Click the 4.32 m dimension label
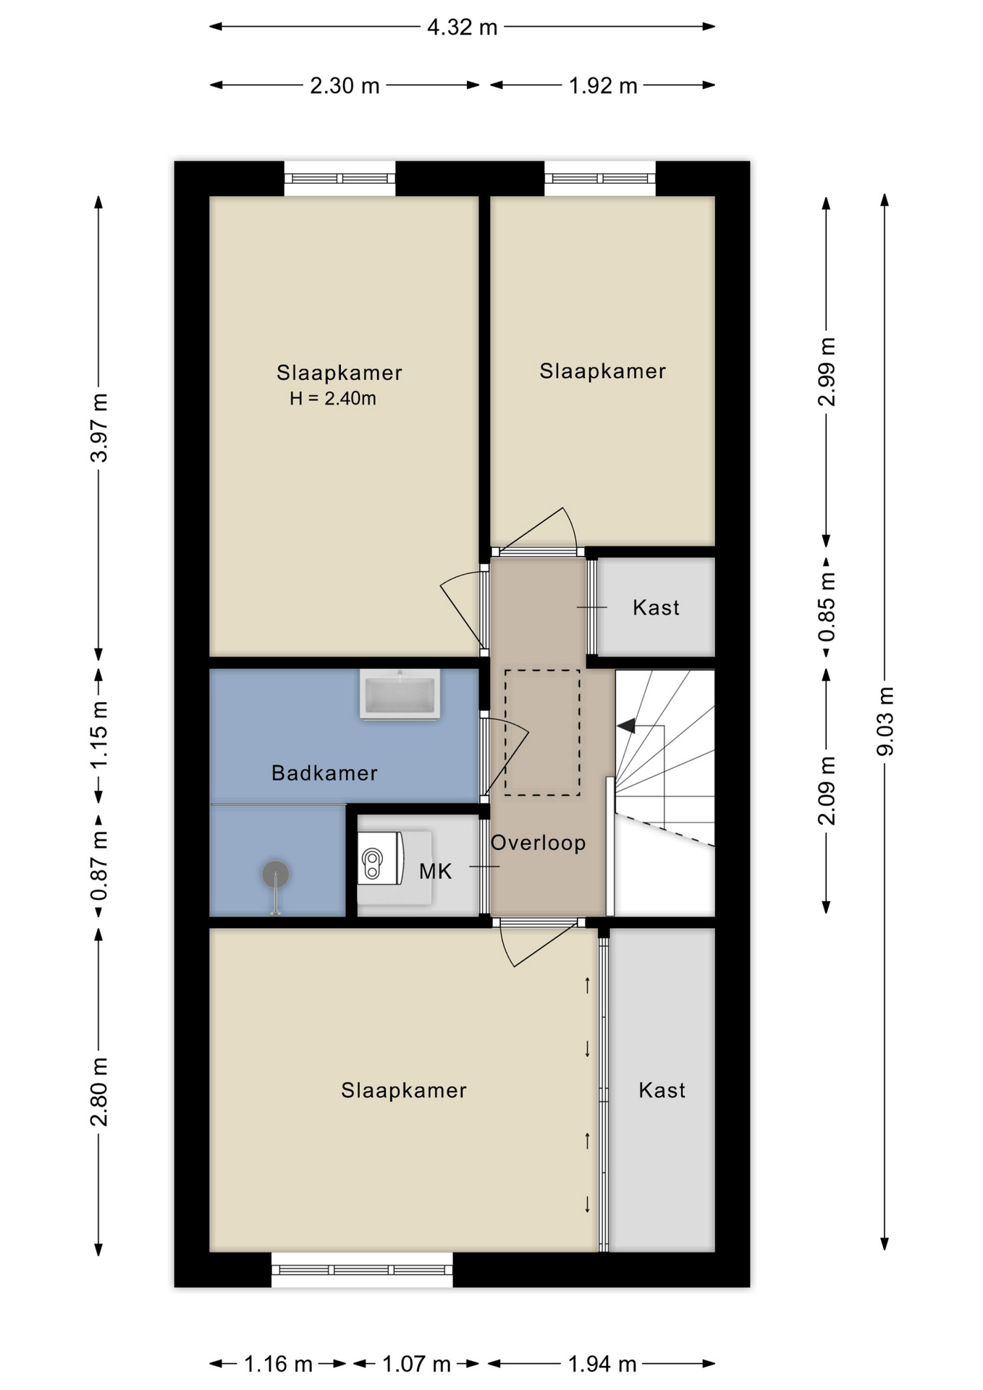click(462, 28)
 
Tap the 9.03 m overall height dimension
click(885, 721)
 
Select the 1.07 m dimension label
click(416, 1365)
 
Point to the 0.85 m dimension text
click(827, 607)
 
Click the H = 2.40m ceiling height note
click(333, 398)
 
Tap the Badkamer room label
click(324, 773)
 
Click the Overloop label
click(538, 843)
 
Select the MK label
click(435, 871)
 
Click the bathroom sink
click(400, 695)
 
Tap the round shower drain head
click(275, 875)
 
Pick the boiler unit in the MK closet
click(381, 858)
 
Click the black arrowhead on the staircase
click(626, 725)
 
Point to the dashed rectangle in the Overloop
click(542, 733)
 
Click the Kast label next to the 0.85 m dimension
click(656, 607)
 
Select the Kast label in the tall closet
click(662, 1090)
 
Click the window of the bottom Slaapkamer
click(362, 1269)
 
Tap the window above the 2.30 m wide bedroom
click(339, 178)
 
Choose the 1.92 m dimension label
click(603, 86)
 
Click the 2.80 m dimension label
click(99, 1092)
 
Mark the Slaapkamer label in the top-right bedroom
click(602, 371)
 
